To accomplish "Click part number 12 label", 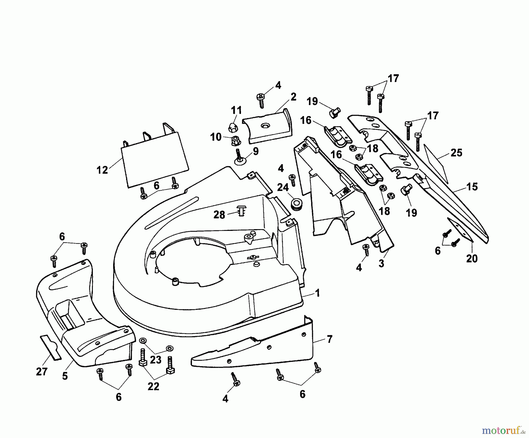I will click(x=102, y=170).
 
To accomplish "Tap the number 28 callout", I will click(x=219, y=215).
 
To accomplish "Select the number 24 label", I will click(x=283, y=187).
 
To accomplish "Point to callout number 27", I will click(x=41, y=372).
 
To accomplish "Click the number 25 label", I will click(x=456, y=153).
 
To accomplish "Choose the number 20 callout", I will click(x=472, y=259).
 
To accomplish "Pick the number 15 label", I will click(x=472, y=187).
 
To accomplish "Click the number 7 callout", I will click(x=329, y=339).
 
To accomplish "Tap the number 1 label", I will click(x=317, y=293).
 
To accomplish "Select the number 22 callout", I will click(x=153, y=386).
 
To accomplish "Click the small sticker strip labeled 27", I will click(x=51, y=347).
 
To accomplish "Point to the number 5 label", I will click(x=65, y=376).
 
